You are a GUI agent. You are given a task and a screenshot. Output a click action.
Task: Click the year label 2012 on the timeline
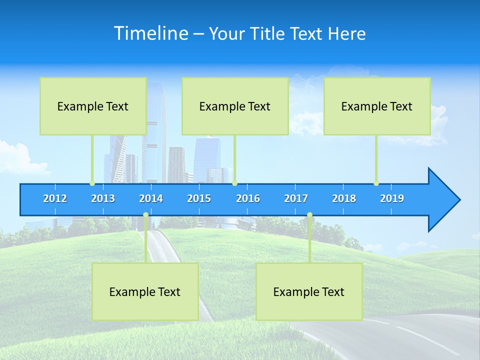(55, 198)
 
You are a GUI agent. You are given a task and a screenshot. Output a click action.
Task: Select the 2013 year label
(103, 198)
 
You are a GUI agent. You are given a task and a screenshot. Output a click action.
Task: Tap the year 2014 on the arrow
(151, 198)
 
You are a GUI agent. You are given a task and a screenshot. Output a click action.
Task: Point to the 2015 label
(199, 198)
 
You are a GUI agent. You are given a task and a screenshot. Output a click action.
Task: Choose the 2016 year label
(248, 198)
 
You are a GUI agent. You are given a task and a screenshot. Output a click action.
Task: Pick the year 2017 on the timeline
(296, 198)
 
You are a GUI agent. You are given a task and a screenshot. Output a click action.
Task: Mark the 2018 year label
(344, 198)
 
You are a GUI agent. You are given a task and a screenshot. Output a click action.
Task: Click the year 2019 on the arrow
(392, 198)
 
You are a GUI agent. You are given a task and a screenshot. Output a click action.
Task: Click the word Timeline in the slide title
(151, 33)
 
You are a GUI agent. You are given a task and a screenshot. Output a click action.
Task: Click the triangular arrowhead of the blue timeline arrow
(443, 200)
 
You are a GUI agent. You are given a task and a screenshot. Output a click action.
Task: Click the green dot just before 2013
(92, 183)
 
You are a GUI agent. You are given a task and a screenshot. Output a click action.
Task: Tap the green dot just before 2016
(234, 183)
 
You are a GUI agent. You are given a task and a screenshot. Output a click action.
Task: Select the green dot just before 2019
(376, 183)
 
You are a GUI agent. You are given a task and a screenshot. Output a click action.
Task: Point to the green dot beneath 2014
(145, 215)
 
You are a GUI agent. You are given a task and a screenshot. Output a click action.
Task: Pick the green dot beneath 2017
(309, 215)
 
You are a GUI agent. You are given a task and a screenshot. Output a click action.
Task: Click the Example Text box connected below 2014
(145, 291)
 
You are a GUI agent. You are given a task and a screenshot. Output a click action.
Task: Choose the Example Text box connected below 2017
(309, 291)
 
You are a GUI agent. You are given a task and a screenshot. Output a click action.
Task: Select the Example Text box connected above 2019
(377, 106)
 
